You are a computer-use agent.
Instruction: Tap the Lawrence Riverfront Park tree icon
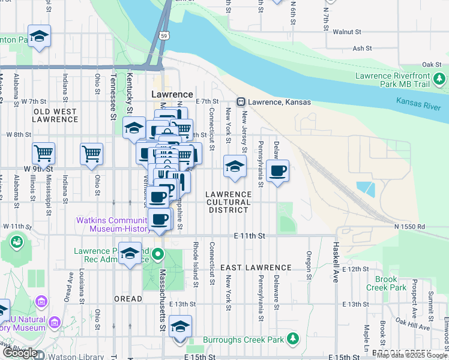440,78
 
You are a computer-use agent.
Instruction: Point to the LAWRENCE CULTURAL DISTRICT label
228,202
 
